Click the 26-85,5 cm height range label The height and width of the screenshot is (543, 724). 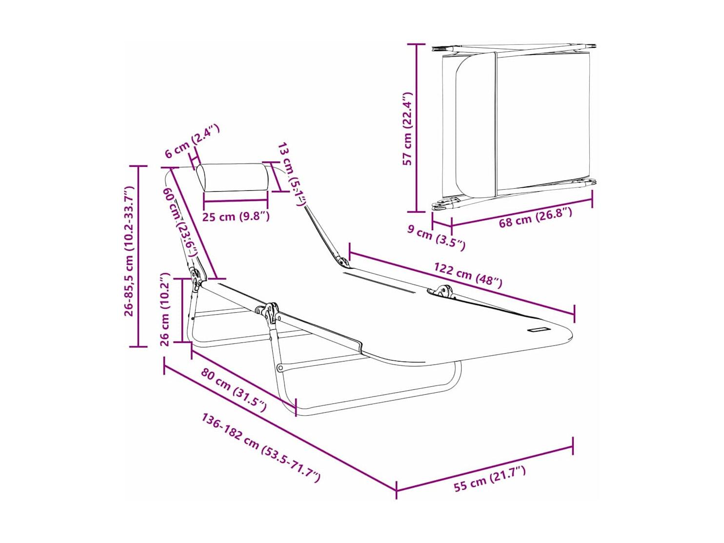click(129, 251)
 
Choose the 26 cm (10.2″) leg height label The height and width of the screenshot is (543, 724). click(164, 309)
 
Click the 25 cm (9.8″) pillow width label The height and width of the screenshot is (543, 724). click(236, 217)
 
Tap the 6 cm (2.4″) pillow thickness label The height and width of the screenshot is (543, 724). click(192, 141)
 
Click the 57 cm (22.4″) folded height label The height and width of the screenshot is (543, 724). click(408, 128)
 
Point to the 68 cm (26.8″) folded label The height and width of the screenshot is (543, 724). click(535, 216)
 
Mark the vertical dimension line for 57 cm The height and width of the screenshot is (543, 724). click(416, 128)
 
